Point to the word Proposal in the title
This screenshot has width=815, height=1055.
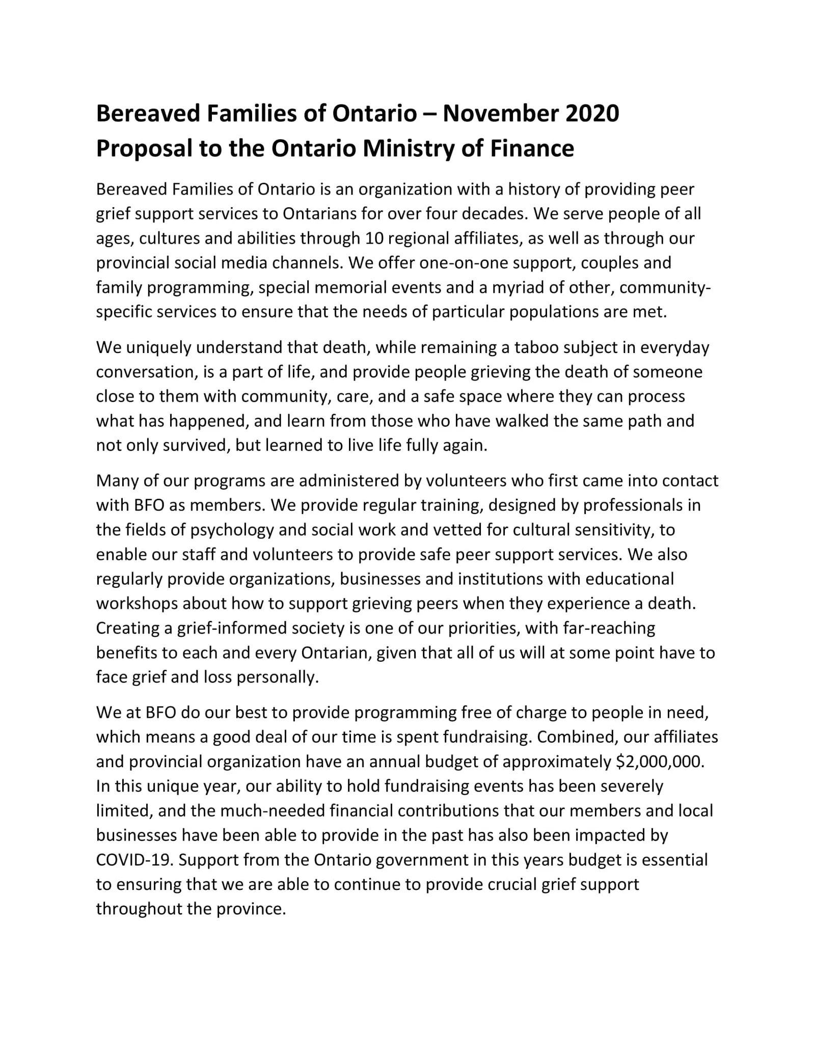144,148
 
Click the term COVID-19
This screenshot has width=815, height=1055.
134,860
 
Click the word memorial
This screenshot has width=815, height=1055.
351,287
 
